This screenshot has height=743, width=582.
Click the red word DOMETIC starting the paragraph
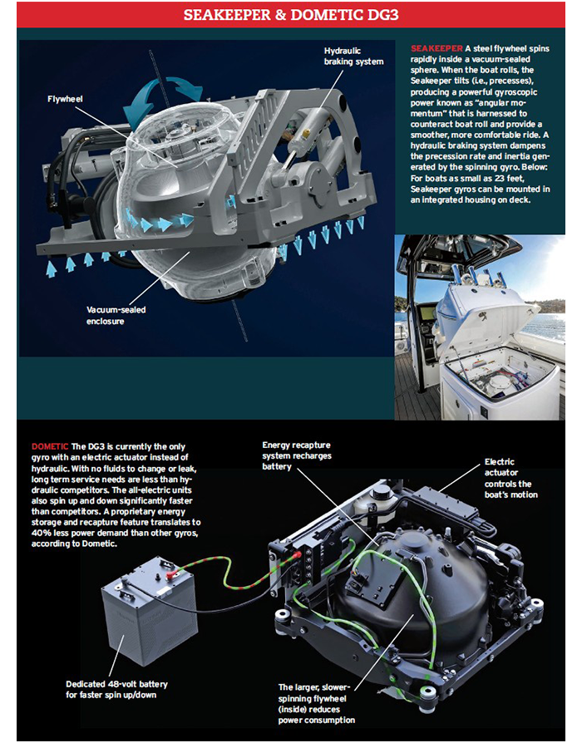tap(50, 445)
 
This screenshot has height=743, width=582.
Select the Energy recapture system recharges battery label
tap(298, 456)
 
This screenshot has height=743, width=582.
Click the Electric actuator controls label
tap(511, 478)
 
